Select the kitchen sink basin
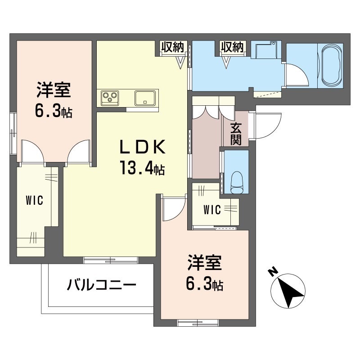[x=145, y=97]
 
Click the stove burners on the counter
[x=109, y=97]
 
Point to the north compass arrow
[x=290, y=292]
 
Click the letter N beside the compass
[x=272, y=271]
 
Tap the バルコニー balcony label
[x=102, y=285]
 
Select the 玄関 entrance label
[x=236, y=134]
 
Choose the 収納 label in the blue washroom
[x=232, y=47]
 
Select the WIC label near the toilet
[x=211, y=210]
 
